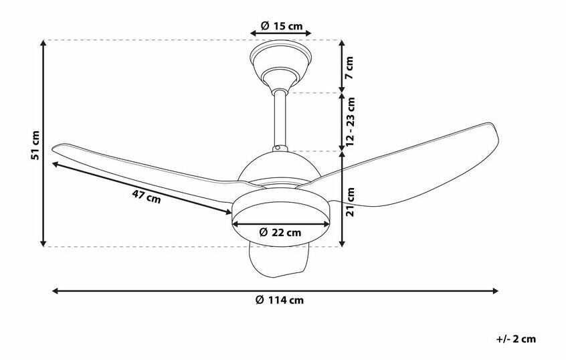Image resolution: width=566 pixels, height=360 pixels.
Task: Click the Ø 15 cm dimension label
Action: [281, 27]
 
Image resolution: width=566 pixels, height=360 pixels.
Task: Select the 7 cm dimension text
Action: [349, 66]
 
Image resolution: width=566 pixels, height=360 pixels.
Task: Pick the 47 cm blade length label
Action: [146, 196]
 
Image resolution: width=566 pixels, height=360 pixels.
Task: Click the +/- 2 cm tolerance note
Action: [517, 339]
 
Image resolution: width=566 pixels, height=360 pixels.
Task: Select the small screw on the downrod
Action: [276, 148]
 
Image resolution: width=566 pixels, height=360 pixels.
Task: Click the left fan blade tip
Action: [59, 150]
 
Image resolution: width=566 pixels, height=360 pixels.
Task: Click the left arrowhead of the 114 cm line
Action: [55, 291]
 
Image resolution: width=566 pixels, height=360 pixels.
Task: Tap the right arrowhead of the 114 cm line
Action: [496, 291]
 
